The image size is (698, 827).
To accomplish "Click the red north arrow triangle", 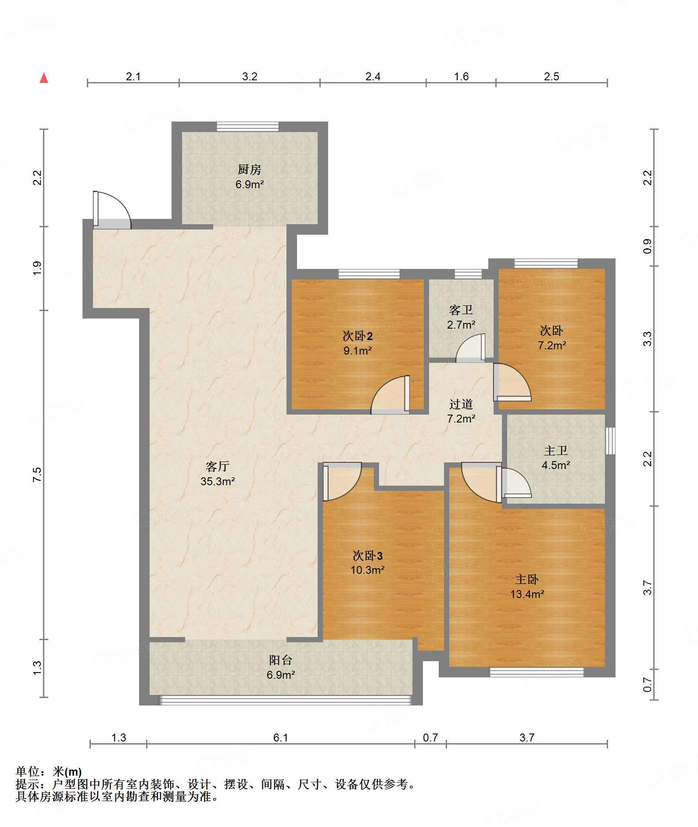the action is click(x=44, y=78).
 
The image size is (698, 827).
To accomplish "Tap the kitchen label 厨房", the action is click(x=249, y=169).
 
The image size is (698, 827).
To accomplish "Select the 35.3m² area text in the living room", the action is click(x=218, y=481).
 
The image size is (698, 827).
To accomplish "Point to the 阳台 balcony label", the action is click(x=281, y=660).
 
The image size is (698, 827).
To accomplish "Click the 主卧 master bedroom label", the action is click(x=527, y=580).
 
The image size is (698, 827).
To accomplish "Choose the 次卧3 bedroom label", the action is click(x=368, y=556).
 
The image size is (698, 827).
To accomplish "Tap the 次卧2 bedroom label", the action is click(x=358, y=336).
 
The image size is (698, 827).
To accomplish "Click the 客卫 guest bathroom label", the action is click(x=461, y=310).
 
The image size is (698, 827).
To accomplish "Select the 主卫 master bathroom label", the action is click(x=556, y=451).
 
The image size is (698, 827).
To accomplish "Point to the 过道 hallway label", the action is click(x=461, y=404).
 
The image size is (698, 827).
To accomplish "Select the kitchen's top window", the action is click(x=248, y=126).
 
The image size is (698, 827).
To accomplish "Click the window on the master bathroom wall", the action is click(x=610, y=440).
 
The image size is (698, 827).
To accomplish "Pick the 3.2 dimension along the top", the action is click(x=250, y=76).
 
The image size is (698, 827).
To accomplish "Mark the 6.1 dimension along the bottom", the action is click(x=281, y=737).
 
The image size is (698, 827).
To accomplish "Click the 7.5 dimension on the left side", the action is click(x=37, y=475).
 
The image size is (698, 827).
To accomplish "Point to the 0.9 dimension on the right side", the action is click(x=647, y=246).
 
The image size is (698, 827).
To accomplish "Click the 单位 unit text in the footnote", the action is click(x=27, y=771).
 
